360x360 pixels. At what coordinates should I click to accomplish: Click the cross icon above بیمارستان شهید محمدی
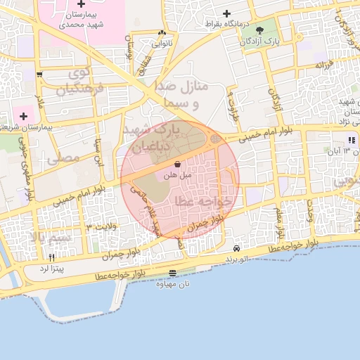click(x=82, y=5)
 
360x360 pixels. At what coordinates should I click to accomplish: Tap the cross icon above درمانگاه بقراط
click(x=226, y=13)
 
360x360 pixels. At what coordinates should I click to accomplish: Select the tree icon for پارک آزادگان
click(x=261, y=30)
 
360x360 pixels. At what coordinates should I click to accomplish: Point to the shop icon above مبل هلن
click(x=176, y=163)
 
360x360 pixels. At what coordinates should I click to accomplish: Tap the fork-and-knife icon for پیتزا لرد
click(x=51, y=257)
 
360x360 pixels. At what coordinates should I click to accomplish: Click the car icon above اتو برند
click(x=237, y=248)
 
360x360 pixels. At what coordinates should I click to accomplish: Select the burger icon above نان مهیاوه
click(x=173, y=274)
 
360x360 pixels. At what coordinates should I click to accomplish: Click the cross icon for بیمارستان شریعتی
click(x=23, y=115)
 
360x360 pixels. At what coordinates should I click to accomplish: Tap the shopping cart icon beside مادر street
click(x=39, y=75)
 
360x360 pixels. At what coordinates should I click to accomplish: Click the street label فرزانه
click(x=322, y=65)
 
